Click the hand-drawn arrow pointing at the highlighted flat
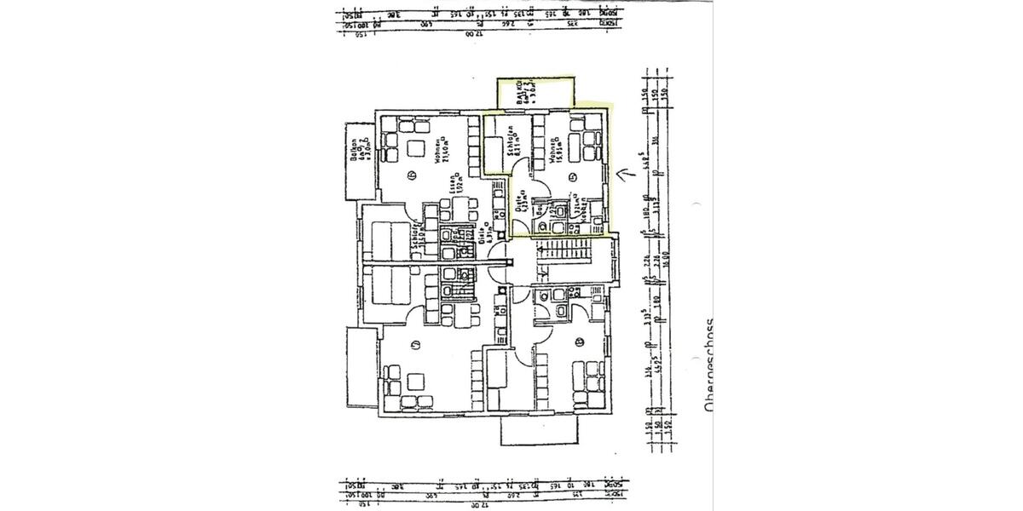point(628,175)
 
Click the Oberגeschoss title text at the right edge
point(709,366)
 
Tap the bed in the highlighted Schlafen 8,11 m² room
point(495,152)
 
